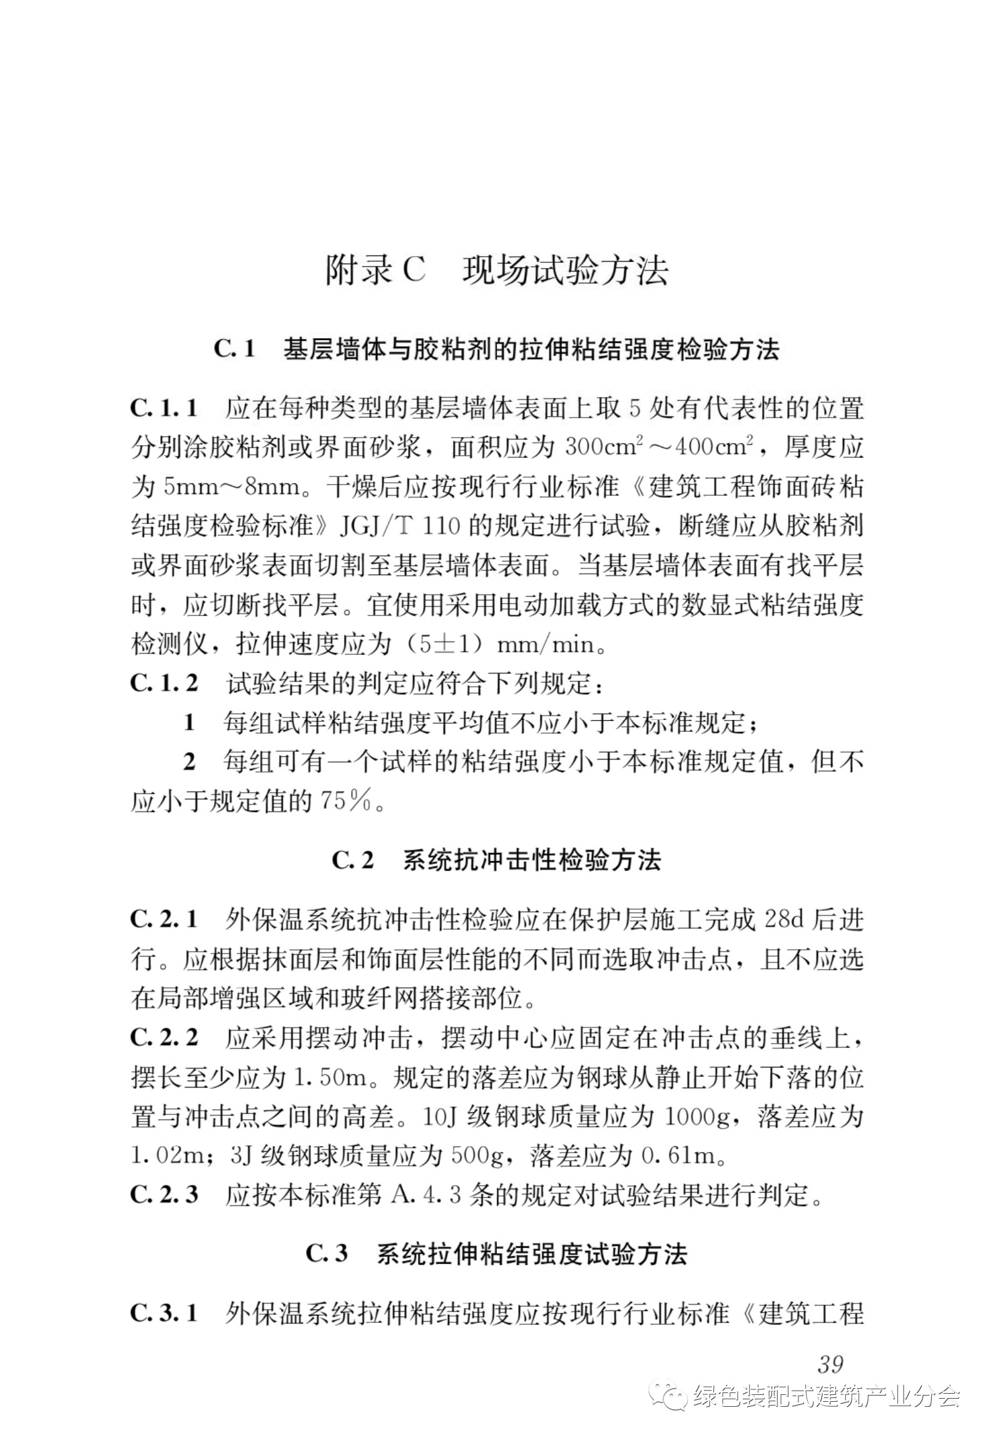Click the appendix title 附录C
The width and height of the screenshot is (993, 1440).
pos(375,270)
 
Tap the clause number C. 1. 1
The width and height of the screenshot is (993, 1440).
pos(164,409)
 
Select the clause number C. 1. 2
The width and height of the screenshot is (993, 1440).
pos(164,683)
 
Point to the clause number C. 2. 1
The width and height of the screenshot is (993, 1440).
pos(164,919)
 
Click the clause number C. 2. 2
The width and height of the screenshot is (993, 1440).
pos(164,1037)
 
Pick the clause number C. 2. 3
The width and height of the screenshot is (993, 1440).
pos(164,1194)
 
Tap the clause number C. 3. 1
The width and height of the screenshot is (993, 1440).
pos(164,1312)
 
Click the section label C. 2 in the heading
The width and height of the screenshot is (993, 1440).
pos(353,860)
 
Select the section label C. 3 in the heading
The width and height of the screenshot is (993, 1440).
pos(327,1254)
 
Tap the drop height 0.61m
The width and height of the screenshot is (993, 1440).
pos(681,1156)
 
